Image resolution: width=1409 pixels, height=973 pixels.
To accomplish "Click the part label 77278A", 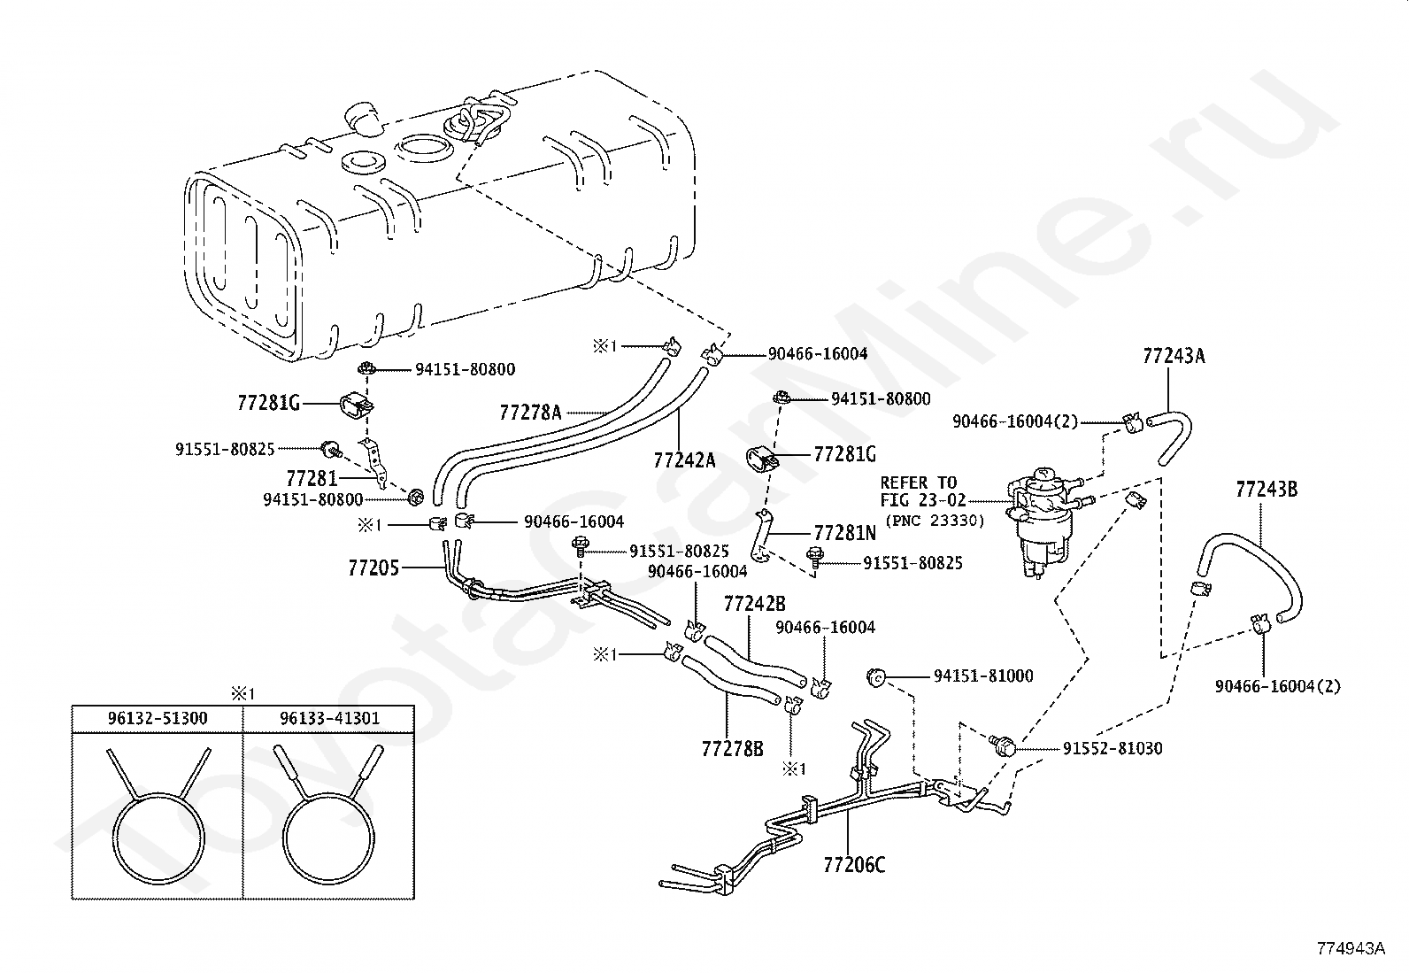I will (x=530, y=412).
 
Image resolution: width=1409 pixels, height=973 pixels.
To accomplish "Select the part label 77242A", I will (x=684, y=459).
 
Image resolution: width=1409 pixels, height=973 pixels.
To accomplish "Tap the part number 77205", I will (x=373, y=567).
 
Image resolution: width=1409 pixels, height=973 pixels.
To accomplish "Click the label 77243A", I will (x=1174, y=356).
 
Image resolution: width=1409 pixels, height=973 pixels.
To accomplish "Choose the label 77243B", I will (x=1266, y=488).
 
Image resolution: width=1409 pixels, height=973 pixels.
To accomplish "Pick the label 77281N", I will (x=844, y=532).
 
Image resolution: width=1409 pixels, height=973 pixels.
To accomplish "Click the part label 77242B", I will (x=755, y=604).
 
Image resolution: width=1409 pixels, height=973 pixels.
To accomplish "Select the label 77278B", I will (x=732, y=749).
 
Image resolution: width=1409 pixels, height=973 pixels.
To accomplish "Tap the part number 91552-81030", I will (x=1113, y=748).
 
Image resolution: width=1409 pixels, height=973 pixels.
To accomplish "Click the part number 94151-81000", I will (x=983, y=676).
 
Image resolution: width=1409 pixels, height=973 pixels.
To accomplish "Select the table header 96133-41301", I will (x=329, y=717).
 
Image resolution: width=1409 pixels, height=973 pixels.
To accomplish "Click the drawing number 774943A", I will (x=1350, y=948).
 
